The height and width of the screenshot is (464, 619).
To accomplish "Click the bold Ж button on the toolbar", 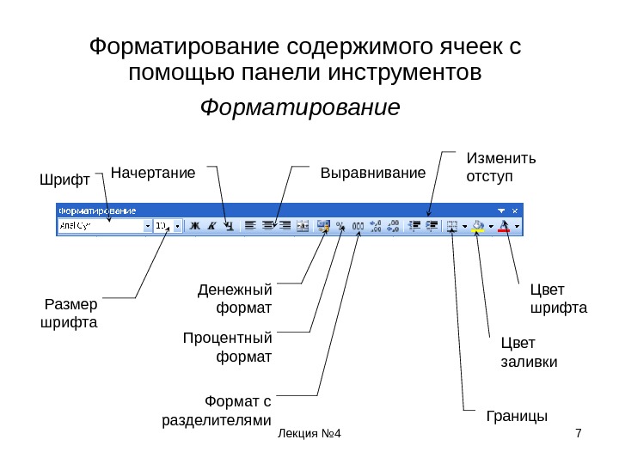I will [x=194, y=226].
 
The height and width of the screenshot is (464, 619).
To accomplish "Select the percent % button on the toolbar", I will [x=340, y=226].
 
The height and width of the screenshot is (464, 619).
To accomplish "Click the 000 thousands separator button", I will [x=358, y=226].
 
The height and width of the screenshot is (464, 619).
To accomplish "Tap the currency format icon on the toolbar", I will [x=323, y=226].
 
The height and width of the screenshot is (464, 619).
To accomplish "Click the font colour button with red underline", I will [x=506, y=226].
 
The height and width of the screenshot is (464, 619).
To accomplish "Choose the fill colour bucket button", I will [x=478, y=226].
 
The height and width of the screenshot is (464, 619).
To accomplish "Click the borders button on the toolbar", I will [x=452, y=226].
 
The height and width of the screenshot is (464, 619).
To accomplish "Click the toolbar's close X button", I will [x=516, y=210].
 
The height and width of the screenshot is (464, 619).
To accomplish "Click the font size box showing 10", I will [x=162, y=226].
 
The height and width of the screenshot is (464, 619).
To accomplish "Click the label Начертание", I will [x=154, y=174].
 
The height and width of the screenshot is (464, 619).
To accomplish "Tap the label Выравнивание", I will [x=373, y=174].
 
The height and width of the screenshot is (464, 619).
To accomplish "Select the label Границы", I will [x=517, y=417].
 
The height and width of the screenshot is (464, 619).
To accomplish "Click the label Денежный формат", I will [x=235, y=297].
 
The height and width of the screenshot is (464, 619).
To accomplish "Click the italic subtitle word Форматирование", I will [x=300, y=109].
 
